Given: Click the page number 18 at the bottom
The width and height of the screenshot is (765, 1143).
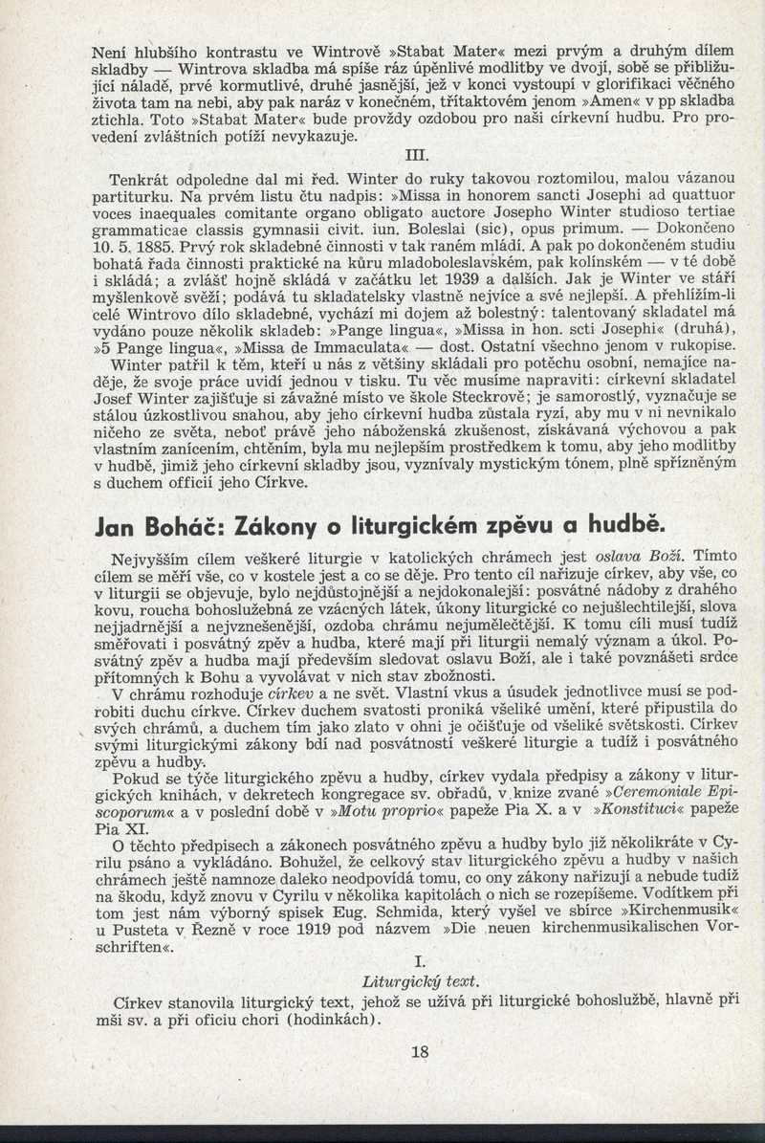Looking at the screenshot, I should (x=420, y=1052).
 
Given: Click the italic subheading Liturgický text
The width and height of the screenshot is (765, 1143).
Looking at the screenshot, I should (x=421, y=981).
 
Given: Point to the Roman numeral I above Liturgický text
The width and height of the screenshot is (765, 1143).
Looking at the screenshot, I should (x=420, y=960).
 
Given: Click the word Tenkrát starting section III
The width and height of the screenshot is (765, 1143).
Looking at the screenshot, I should (x=141, y=179).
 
